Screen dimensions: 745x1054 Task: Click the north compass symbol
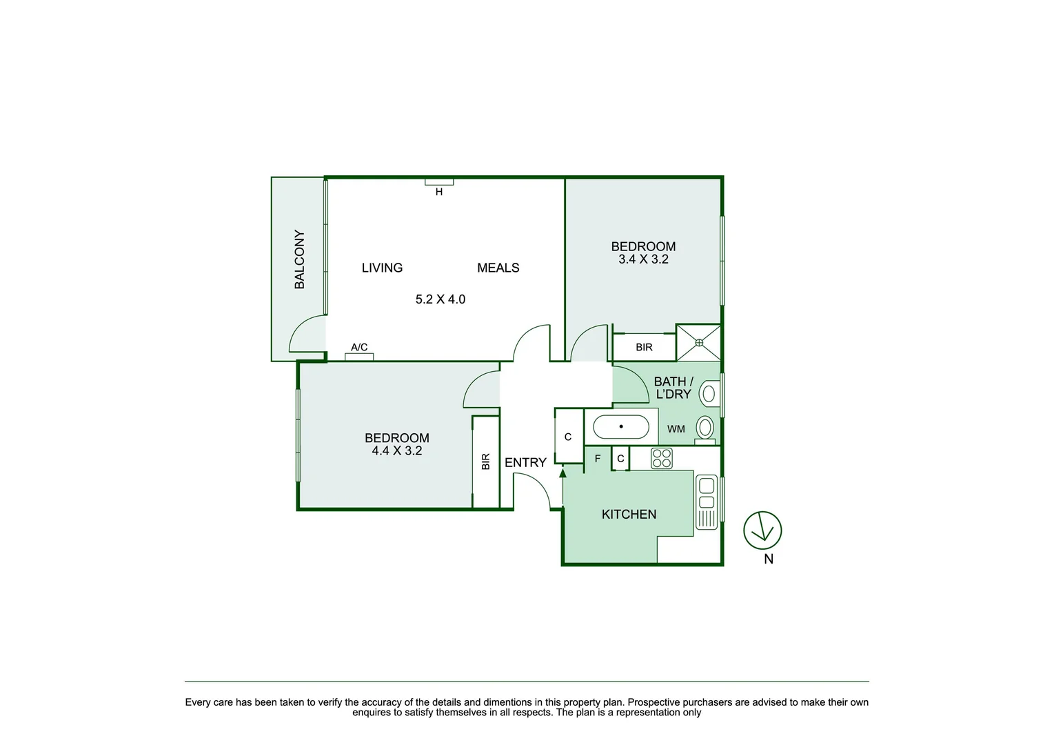762,530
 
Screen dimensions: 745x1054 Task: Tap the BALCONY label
300,259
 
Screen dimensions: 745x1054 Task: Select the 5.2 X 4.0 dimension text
440,299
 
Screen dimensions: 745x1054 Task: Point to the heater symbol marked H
439,182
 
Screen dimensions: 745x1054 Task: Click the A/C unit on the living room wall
359,357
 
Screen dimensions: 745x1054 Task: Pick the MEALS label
498,268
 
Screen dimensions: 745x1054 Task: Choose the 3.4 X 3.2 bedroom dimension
643,259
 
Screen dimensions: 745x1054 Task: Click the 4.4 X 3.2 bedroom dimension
396,450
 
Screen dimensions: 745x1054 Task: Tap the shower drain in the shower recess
698,342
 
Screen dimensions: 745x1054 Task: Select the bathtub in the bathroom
621,427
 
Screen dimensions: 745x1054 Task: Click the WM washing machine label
676,429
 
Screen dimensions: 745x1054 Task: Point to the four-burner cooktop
662,458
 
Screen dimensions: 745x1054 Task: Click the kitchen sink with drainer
707,501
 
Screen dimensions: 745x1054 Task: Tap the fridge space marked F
598,459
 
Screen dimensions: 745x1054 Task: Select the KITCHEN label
629,514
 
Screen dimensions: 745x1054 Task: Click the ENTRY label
525,462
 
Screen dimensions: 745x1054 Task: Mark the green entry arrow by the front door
563,473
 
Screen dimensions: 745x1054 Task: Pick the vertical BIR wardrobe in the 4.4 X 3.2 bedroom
486,461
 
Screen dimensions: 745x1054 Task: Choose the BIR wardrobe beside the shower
644,347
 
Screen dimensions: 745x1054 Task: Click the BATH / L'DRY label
673,388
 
